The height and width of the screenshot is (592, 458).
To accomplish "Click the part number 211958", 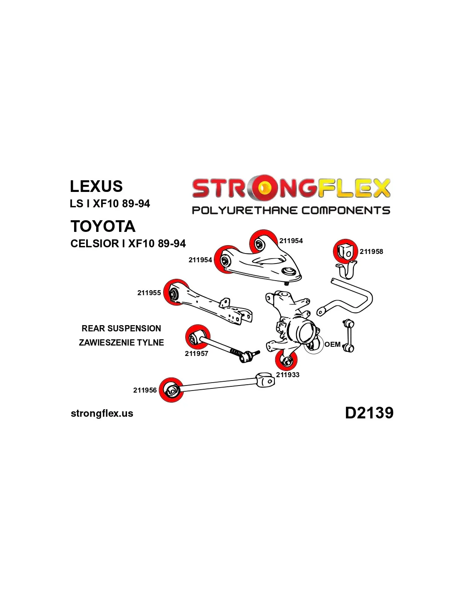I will [x=371, y=251].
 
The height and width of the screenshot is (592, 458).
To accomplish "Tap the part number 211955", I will [x=149, y=293].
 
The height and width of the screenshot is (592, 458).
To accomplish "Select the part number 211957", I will [x=197, y=353].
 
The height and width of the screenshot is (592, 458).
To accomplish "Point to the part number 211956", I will [x=145, y=390].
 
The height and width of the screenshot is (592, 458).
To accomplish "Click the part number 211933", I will [x=288, y=375].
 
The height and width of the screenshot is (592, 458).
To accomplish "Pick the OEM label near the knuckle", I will [x=332, y=344].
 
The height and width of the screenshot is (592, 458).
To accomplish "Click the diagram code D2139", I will [x=369, y=413].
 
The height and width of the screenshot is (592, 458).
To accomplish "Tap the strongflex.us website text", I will [x=102, y=413].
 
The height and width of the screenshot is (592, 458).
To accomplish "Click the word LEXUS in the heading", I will [x=96, y=186].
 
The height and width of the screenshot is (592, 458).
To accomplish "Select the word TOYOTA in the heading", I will [x=103, y=226].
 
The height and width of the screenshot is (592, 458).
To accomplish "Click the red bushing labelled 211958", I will [x=345, y=251].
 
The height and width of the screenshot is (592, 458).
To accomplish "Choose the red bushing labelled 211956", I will [x=171, y=390].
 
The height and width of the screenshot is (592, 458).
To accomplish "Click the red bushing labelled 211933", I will [x=286, y=360].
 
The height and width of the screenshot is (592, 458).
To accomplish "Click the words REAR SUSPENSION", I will [x=121, y=328].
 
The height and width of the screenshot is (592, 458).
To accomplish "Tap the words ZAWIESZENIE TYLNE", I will [x=121, y=343].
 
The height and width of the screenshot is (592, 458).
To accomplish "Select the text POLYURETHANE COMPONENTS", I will [x=291, y=210].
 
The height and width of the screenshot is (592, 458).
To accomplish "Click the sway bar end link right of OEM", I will [x=349, y=335].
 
